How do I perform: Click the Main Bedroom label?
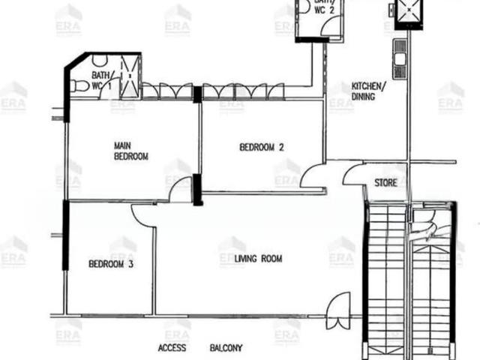point(131,151)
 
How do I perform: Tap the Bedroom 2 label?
point(262,147)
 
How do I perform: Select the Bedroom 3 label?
point(111,264)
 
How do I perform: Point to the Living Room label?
point(258,259)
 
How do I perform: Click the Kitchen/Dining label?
point(367,91)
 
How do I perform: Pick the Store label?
point(385,183)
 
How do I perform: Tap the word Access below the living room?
point(172,348)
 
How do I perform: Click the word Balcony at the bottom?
point(226,348)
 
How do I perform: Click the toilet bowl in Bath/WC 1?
point(79,86)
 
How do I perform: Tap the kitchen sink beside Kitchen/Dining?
point(400,59)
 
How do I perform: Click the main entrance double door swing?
point(338,310)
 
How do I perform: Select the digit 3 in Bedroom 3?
point(130,264)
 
